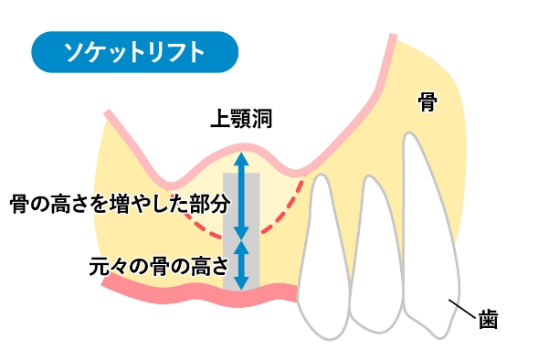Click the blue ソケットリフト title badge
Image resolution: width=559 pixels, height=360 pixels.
[x=134, y=53]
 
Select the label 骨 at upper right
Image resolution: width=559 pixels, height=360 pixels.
[x=427, y=101]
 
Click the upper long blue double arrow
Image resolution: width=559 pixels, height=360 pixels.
[x=241, y=195]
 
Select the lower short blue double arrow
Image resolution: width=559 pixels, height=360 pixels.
[x=241, y=265]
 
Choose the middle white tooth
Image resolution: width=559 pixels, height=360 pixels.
[x=374, y=256]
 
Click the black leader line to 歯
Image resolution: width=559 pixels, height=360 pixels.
[x=464, y=311]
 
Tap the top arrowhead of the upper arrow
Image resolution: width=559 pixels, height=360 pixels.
[x=241, y=156]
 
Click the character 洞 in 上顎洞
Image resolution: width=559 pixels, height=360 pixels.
[x=262, y=120]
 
